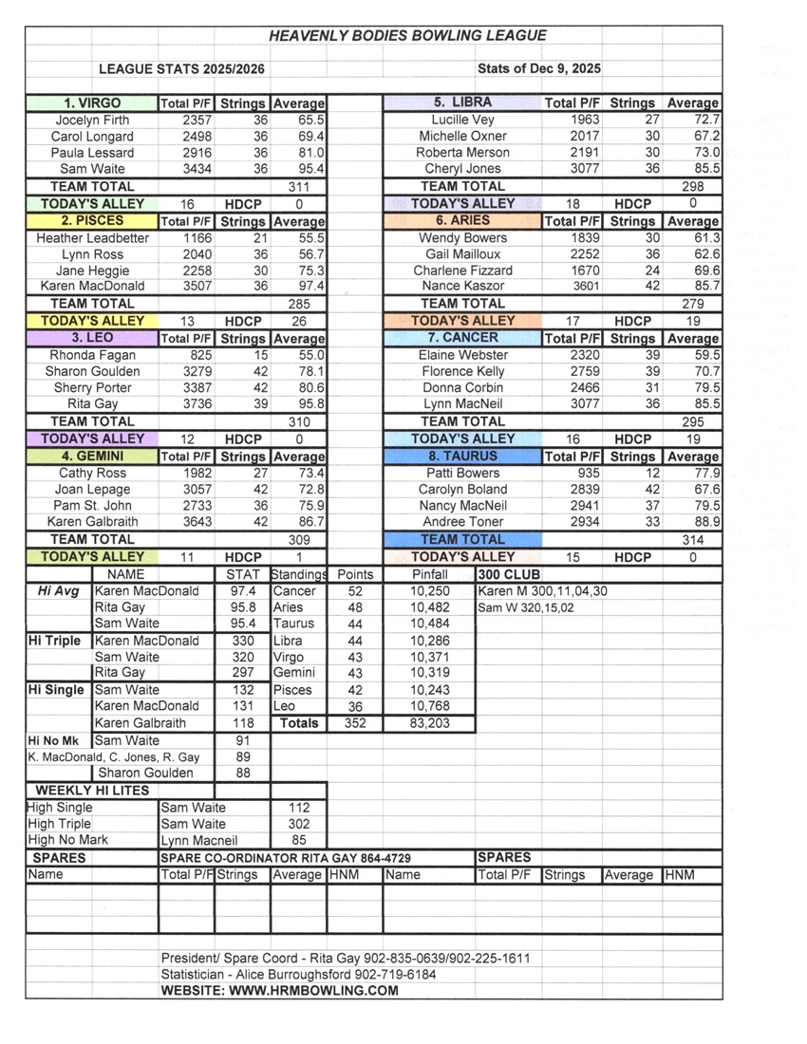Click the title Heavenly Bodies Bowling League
tap(407, 36)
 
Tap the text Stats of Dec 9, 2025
tap(538, 68)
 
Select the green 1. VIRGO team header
tap(92, 103)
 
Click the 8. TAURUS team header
tap(462, 456)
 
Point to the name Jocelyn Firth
tap(92, 121)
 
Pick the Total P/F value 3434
tap(197, 169)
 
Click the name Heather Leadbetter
tap(92, 238)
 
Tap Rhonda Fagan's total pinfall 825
tap(201, 355)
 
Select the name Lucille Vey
tap(462, 121)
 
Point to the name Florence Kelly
tap(462, 371)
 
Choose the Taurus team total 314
tap(692, 540)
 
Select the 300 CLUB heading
tap(509, 575)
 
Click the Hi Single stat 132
tap(243, 690)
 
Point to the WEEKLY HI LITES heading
tap(92, 790)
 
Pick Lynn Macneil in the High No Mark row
tap(198, 840)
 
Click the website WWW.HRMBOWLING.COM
tap(280, 991)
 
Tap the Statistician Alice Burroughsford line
tap(298, 975)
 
